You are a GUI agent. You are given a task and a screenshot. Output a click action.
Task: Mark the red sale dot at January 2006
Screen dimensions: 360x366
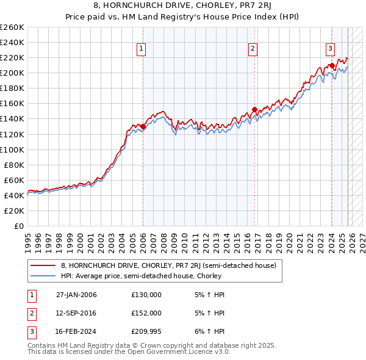tap(143, 126)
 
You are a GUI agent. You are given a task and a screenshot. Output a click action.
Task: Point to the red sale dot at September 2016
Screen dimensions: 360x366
tap(254, 110)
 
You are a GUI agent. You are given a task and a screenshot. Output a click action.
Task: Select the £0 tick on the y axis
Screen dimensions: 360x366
tap(20, 226)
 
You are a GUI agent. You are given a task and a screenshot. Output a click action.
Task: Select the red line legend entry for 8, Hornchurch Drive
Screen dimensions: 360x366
tap(168, 265)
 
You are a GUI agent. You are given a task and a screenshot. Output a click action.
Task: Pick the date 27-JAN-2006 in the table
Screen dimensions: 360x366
tap(76, 294)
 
